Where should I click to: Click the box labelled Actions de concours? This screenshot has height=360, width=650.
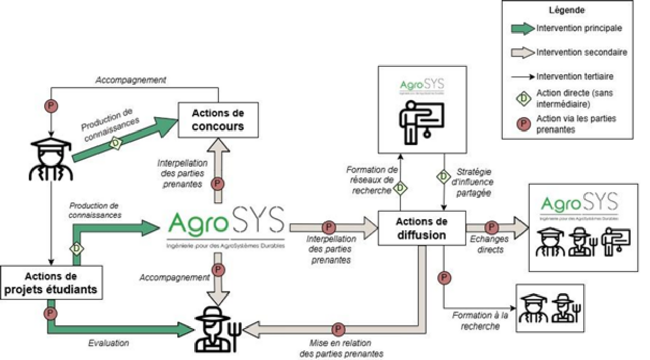[x=218, y=119]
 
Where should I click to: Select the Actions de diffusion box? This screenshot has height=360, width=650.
[x=421, y=228]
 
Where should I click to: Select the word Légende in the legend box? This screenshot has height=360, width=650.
[x=567, y=10]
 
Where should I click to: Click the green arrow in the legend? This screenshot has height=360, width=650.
[x=523, y=29]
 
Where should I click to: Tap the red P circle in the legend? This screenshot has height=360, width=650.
[x=524, y=124]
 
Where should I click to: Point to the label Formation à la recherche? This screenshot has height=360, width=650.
[x=480, y=320]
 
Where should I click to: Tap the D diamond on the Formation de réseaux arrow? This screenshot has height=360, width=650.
[x=400, y=188]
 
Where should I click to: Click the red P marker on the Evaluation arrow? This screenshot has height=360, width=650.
[x=50, y=313]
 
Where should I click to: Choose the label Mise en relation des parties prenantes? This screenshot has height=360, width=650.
[x=346, y=348]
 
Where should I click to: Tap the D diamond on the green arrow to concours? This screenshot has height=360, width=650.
[x=116, y=144]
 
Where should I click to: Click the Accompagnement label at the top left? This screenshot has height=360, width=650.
[x=131, y=80]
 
